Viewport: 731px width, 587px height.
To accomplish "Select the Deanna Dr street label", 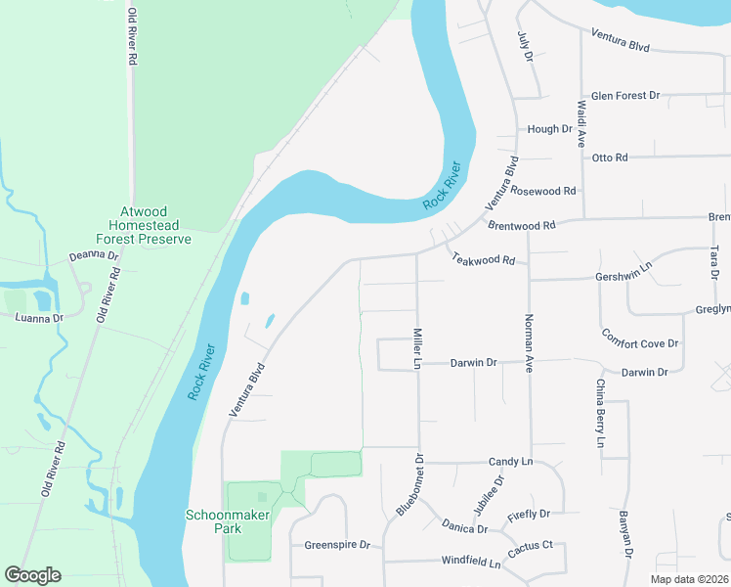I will [93, 256].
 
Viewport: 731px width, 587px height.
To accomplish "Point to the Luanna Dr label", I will [38, 318].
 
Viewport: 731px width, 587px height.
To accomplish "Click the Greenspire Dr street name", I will [337, 545].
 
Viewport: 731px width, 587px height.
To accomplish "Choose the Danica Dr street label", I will [464, 528].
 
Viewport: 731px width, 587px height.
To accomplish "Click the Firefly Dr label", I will [530, 513].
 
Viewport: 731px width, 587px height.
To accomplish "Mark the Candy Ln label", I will [510, 461].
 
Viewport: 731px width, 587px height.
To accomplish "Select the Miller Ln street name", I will [416, 347].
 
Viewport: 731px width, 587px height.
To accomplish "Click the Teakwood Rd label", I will [483, 260].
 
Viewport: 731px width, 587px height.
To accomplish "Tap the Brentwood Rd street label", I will [520, 225].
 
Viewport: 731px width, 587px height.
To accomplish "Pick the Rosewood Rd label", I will [543, 191].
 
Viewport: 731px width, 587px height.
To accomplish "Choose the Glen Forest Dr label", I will [625, 96].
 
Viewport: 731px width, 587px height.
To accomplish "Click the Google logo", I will [33, 575].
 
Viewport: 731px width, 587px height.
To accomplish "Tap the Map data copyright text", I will [689, 579].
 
